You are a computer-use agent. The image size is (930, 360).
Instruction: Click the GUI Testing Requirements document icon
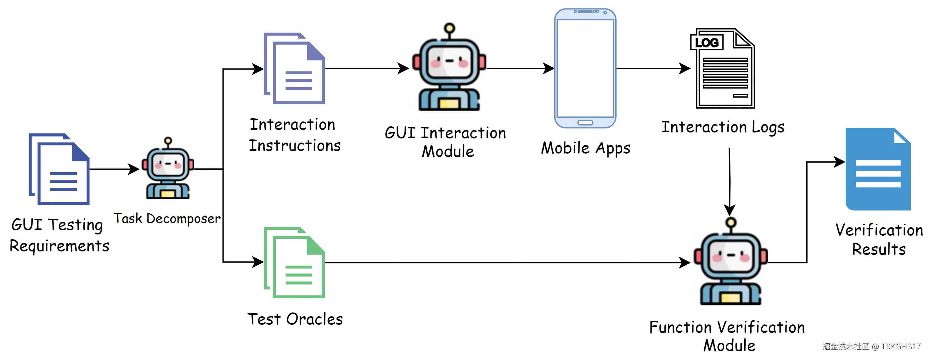(x=59, y=169)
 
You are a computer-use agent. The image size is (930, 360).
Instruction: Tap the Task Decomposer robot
(x=168, y=168)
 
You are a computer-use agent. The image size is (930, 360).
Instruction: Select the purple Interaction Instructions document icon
(x=294, y=68)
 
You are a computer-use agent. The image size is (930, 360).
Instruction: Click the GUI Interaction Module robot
(x=449, y=68)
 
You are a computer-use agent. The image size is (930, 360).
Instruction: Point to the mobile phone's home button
(x=585, y=123)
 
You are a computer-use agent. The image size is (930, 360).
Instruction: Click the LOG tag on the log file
(x=707, y=42)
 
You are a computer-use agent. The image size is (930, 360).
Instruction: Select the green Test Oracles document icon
(x=294, y=262)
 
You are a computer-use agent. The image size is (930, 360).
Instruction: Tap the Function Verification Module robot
(x=730, y=262)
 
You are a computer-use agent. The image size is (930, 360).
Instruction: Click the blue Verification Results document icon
(x=878, y=169)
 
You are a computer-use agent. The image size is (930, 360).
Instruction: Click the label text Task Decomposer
(x=167, y=218)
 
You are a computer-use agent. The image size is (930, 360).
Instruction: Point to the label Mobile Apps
(x=586, y=148)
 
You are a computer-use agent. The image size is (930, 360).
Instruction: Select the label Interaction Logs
(x=723, y=127)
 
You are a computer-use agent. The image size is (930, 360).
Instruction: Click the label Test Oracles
(x=295, y=319)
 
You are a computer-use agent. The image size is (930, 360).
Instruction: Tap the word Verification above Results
(x=879, y=230)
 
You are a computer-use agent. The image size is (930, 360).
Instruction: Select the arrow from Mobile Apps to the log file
(x=653, y=68)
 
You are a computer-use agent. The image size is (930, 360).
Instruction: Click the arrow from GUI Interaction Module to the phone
(x=520, y=68)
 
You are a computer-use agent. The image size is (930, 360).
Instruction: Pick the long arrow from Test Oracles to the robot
(x=508, y=262)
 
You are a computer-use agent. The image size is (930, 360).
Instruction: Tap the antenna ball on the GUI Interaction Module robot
(x=449, y=28)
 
